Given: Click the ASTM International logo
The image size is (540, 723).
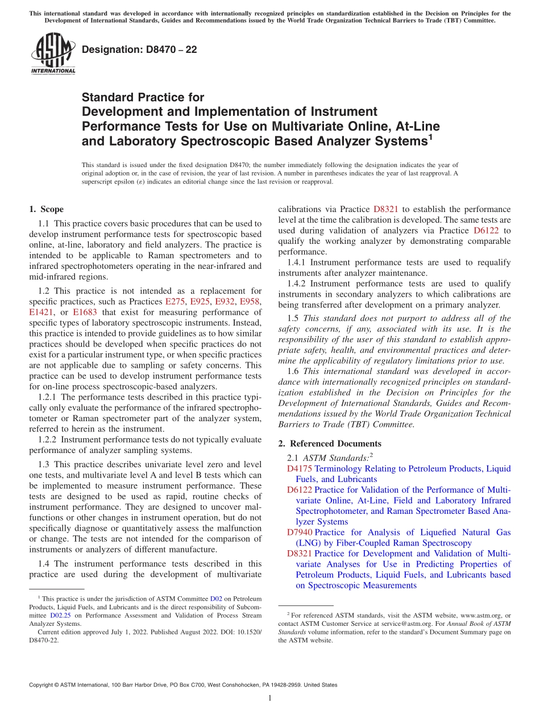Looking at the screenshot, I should [52, 54].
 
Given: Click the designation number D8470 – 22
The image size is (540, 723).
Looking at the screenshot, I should [139, 49].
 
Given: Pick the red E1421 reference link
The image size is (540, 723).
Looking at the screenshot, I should [40, 312].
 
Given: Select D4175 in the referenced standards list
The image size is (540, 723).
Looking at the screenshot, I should [300, 468].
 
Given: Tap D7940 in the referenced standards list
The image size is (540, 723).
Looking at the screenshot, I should [300, 532].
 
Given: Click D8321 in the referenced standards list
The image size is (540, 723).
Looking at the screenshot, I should [300, 554].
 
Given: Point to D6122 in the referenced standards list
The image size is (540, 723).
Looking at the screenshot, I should [300, 490].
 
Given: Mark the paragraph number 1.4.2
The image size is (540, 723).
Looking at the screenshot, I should [297, 284].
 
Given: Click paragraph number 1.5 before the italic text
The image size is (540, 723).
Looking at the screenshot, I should [293, 318].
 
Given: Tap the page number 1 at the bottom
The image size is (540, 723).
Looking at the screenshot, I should [270, 699].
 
